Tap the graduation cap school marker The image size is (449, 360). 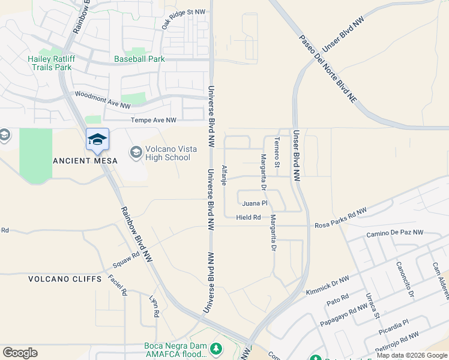97,140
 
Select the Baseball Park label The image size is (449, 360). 139,59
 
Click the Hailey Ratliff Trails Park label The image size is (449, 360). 58,62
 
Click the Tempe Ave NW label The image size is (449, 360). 154,121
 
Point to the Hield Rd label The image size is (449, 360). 249,217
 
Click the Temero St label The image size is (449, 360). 277,152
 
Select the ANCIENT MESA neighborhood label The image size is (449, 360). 80,161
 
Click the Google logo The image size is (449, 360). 20,352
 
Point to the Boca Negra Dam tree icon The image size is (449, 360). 215,348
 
